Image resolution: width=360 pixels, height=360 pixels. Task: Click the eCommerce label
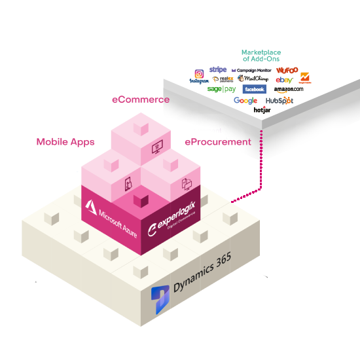tap(140, 99)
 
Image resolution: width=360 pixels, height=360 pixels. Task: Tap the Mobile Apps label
tap(65, 141)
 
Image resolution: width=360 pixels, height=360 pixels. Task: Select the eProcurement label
tap(217, 141)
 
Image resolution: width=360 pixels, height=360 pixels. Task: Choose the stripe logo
tap(218, 69)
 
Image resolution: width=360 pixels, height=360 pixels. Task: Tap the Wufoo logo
tap(287, 69)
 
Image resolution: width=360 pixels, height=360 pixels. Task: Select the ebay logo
tap(284, 79)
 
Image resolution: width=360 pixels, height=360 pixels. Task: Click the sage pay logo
tap(221, 89)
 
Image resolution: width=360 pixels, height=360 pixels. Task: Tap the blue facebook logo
tap(254, 89)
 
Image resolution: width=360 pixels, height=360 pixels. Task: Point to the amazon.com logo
tap(289, 89)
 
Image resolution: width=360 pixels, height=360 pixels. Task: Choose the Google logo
tap(245, 101)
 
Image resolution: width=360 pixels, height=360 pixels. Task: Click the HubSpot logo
tap(279, 101)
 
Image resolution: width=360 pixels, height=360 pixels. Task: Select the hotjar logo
tap(262, 110)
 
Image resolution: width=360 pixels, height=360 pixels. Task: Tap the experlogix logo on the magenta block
tap(173, 223)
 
